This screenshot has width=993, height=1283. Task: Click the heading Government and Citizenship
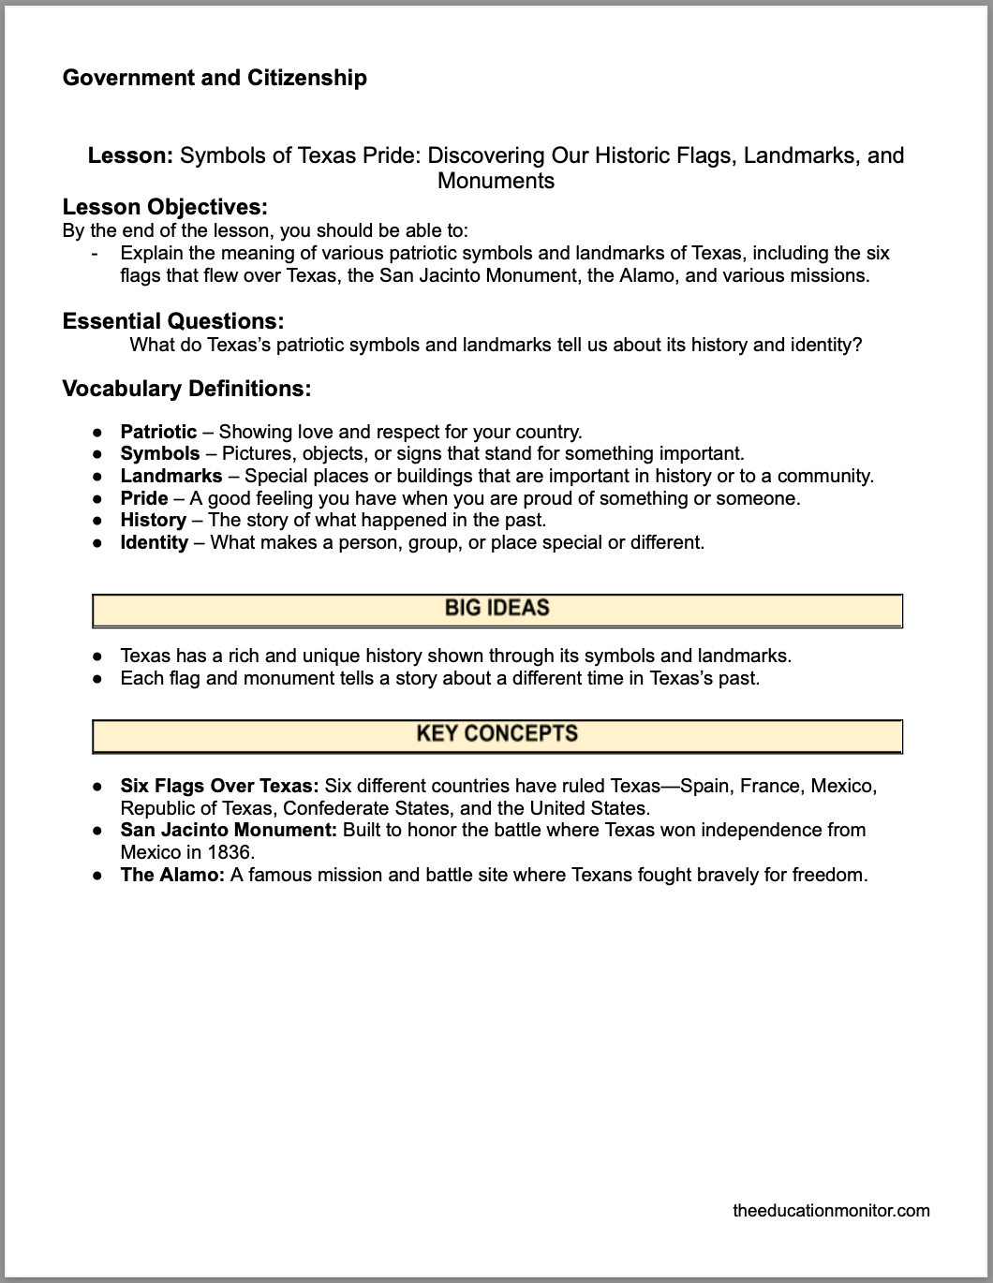coord(215,78)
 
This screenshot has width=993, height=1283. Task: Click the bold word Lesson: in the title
coord(130,155)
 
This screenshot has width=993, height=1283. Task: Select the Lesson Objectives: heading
coord(165,207)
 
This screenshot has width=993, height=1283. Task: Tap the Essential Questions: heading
coord(173,321)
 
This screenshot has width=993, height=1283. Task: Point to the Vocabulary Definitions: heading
coord(186,388)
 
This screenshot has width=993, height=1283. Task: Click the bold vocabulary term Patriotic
coord(158,432)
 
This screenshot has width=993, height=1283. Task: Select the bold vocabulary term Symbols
coord(160,454)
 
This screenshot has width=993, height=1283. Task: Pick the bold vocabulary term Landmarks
coord(171,476)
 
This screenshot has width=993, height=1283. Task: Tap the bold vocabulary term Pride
coord(144,498)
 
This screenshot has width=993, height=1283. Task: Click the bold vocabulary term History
coord(153,520)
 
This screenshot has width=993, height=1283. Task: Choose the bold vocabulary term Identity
coord(154,542)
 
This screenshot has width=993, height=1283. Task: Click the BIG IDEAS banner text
coord(496,609)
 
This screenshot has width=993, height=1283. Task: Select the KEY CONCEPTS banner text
coord(496,734)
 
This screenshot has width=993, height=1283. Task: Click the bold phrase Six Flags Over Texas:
coord(220,786)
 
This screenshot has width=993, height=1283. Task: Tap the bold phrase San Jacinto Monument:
coord(229,830)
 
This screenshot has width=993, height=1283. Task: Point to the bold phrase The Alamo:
coord(172,875)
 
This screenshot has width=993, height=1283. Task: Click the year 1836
coord(234,852)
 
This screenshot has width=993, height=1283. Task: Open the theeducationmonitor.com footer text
coord(831,1210)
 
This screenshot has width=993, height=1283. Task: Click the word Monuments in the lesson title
coord(496,181)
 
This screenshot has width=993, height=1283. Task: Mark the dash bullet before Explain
coord(96,253)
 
